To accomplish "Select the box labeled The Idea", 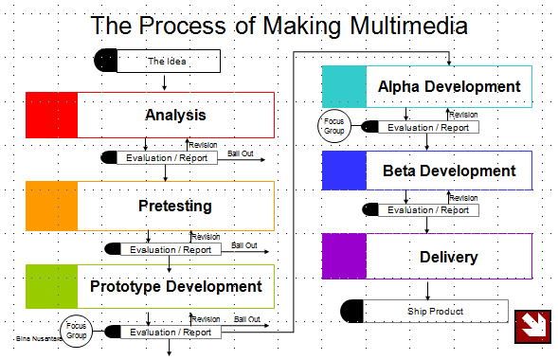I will pyautogui.click(x=168, y=62).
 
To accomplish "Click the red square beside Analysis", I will pyautogui.click(x=51, y=116).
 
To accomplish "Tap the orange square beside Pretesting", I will pyautogui.click(x=51, y=206).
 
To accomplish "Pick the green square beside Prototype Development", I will pyautogui.click(x=51, y=286).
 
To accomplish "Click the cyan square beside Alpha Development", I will pyautogui.click(x=344, y=87).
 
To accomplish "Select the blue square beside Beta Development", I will pyautogui.click(x=344, y=171).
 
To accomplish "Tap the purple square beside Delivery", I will pyautogui.click(x=344, y=257).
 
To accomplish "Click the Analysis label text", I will pyautogui.click(x=175, y=116).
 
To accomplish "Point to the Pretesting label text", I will pyautogui.click(x=175, y=206).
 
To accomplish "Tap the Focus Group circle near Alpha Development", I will pyautogui.click(x=333, y=126).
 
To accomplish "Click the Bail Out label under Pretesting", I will pyautogui.click(x=243, y=244).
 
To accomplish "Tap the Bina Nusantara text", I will pyautogui.click(x=34, y=337).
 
